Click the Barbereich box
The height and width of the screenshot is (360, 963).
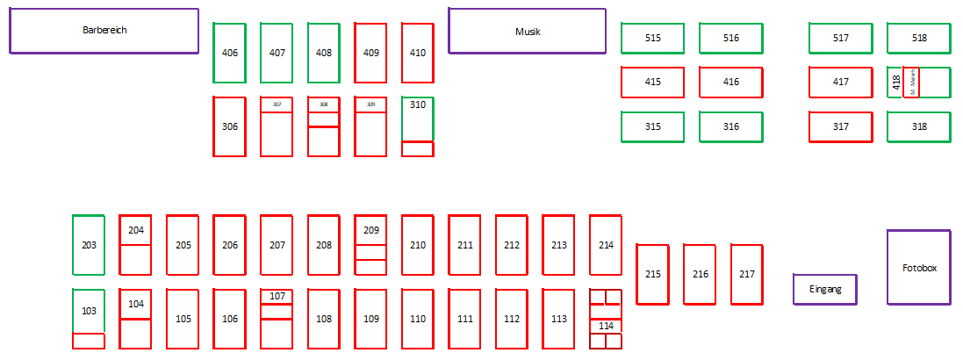point(104,31)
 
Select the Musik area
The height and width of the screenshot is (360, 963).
point(528,32)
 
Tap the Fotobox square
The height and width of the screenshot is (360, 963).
point(919,268)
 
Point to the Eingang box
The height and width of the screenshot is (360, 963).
point(825,289)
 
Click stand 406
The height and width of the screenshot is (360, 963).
point(230,53)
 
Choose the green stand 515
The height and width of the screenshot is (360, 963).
point(653,38)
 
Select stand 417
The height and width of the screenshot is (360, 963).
point(841,83)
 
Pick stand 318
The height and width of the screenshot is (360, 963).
point(919,126)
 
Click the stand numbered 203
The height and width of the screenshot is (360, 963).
point(89,245)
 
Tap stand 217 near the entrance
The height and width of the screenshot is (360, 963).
point(746,274)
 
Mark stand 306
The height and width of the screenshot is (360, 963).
point(230,126)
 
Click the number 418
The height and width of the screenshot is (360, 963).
point(895,83)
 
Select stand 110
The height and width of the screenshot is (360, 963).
point(418,319)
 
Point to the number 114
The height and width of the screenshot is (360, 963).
point(606,326)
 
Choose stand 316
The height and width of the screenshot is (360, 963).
point(731,126)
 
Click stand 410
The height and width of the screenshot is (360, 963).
point(418,53)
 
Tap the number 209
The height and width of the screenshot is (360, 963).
point(371,230)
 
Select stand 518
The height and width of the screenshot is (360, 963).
point(919,38)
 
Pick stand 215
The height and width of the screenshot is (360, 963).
point(652,274)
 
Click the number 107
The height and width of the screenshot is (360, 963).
point(277,296)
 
